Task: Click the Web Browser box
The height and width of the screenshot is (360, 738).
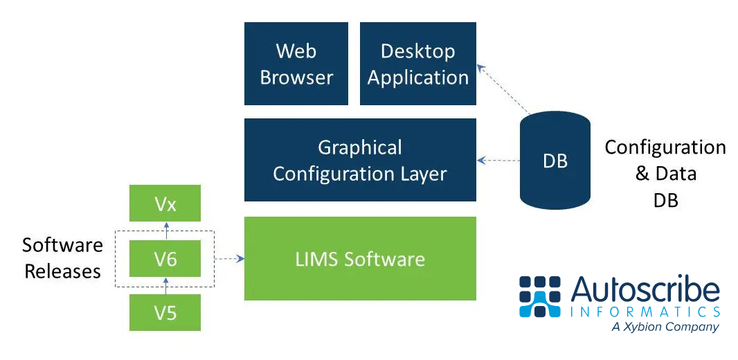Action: click(x=296, y=64)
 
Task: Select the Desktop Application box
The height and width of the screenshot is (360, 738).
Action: click(x=418, y=64)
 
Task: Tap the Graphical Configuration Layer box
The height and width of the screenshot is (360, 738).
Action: click(x=360, y=160)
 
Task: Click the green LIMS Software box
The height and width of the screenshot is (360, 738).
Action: click(x=360, y=258)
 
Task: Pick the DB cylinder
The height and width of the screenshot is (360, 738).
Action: click(x=555, y=161)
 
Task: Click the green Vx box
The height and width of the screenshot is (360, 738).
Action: click(x=165, y=204)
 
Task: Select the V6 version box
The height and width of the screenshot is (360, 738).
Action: click(x=165, y=259)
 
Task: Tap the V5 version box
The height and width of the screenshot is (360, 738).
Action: click(x=165, y=312)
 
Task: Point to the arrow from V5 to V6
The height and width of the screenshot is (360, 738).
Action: click(x=165, y=286)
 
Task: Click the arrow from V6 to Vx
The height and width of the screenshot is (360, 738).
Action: click(x=165, y=231)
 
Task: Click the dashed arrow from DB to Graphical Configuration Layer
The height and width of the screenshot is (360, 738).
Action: click(x=498, y=161)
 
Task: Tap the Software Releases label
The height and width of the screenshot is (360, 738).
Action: click(x=62, y=258)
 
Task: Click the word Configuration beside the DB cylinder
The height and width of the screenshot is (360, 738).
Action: click(x=665, y=147)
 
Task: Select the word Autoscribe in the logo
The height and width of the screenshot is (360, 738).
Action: click(x=645, y=289)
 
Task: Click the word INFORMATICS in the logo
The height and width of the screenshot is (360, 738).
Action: click(x=645, y=312)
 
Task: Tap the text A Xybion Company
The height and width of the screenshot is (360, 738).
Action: click(x=665, y=327)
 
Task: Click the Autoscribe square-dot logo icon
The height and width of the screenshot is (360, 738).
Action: click(x=540, y=296)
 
